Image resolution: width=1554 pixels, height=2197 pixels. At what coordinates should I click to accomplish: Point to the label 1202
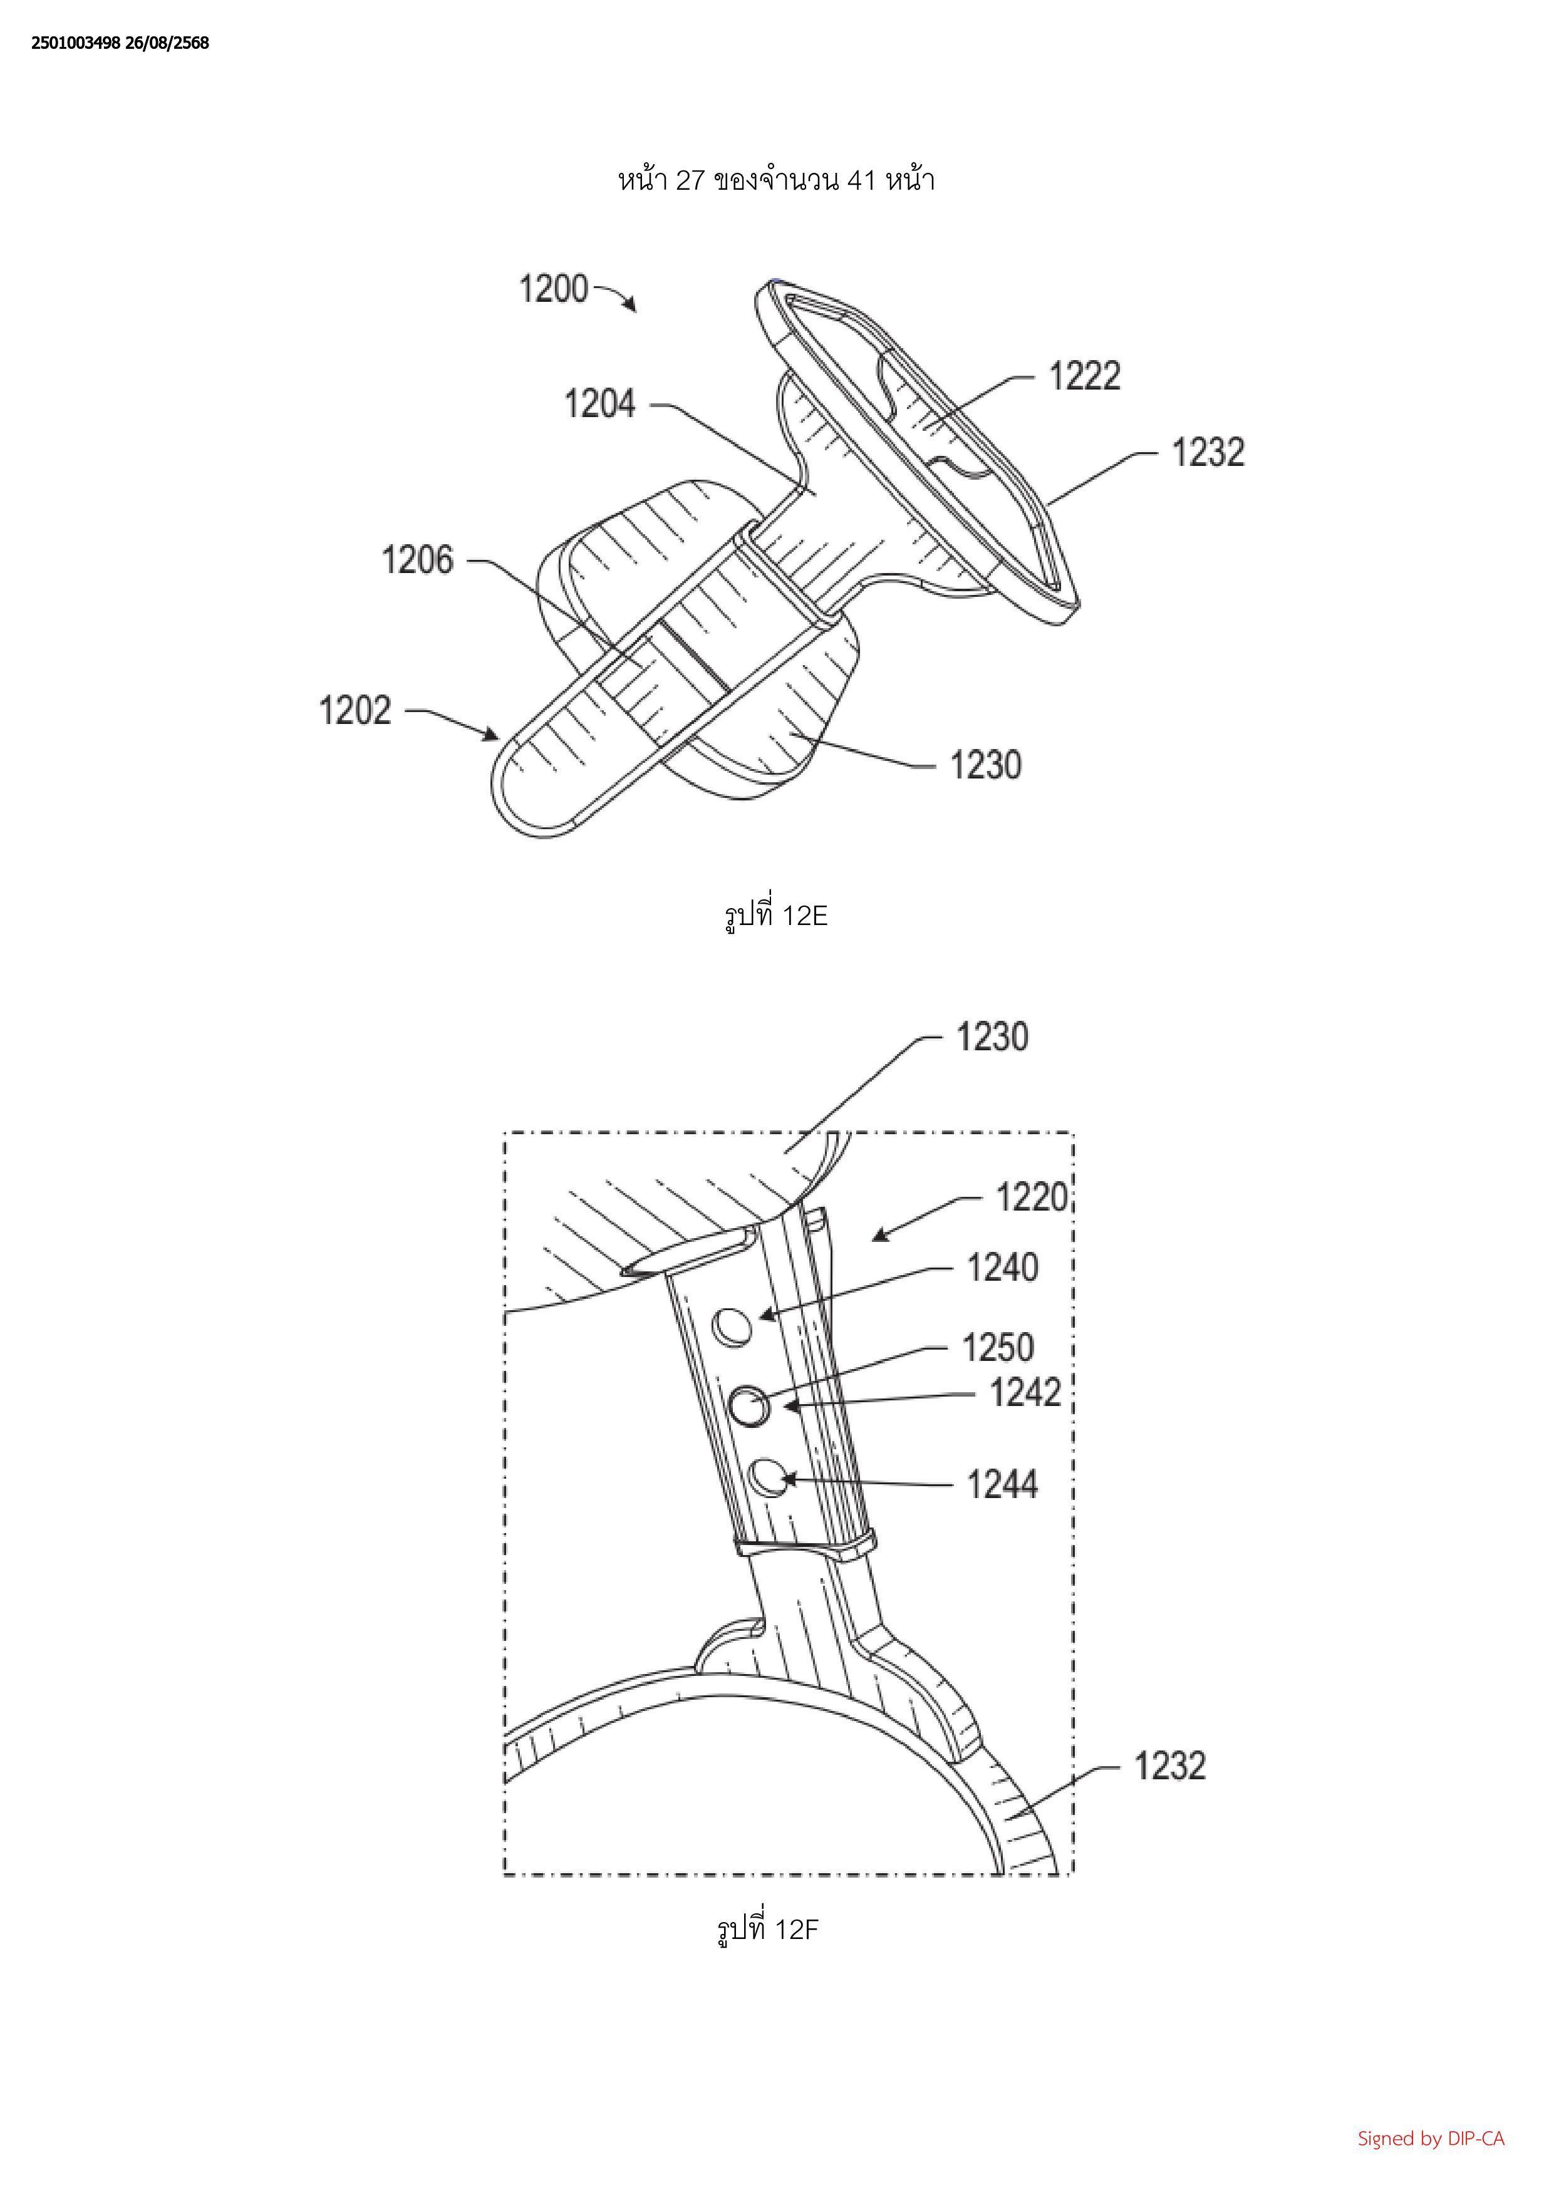click(355, 711)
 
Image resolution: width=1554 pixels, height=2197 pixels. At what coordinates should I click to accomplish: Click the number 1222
click(1084, 376)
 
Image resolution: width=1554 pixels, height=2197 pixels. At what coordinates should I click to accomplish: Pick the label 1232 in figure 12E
click(1208, 453)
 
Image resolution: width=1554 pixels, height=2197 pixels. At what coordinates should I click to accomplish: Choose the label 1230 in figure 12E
click(986, 765)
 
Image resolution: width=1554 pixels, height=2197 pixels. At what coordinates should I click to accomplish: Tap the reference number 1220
click(1032, 1197)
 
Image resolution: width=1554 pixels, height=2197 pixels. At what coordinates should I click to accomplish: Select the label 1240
click(1002, 1268)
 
